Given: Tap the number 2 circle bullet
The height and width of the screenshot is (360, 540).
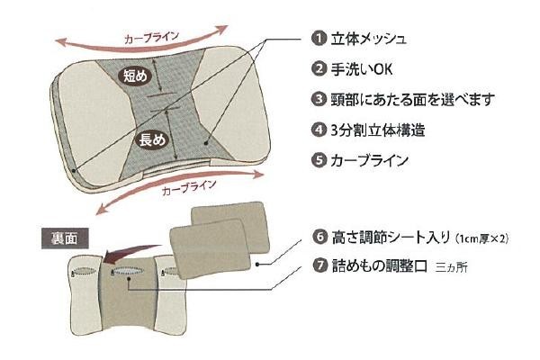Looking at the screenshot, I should click(318, 68).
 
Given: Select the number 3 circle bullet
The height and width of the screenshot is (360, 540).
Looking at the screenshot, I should click(318, 99).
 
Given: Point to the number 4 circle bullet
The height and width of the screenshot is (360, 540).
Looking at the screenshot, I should click(318, 130).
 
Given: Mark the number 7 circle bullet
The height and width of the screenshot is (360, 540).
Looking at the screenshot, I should click(318, 266).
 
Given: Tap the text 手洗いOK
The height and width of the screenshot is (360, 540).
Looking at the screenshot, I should click(361, 68).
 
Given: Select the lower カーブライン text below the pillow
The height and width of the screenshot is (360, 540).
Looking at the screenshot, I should click(187, 188).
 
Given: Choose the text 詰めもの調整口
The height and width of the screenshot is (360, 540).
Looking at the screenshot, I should click(377, 266).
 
